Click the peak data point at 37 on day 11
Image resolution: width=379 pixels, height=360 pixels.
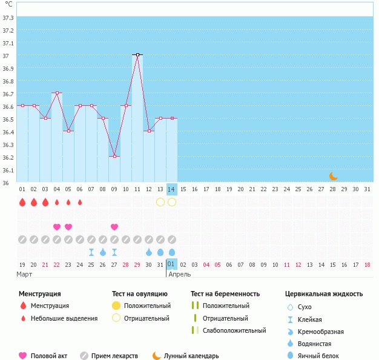pos(137,55)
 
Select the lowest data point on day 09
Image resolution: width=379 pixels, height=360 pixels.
pos(114,156)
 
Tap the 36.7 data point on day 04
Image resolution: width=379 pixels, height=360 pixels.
pos(57,93)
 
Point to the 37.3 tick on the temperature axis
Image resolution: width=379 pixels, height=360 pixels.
pos(8,18)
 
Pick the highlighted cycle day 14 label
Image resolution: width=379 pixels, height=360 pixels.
pos(172,189)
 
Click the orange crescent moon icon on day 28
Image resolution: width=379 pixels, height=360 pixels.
pos(333,176)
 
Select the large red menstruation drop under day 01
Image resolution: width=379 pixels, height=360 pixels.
pos(22,202)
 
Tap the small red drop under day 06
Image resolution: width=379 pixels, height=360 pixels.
pos(80,202)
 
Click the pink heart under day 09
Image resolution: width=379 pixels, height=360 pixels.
pos(114,227)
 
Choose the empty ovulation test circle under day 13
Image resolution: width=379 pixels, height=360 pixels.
pos(160,202)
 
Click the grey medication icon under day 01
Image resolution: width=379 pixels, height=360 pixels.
pos(22,240)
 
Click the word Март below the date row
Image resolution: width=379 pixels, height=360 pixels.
pos(25,274)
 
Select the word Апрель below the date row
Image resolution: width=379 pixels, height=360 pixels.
pos(180,274)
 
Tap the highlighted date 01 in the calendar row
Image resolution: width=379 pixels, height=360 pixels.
pos(172,264)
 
